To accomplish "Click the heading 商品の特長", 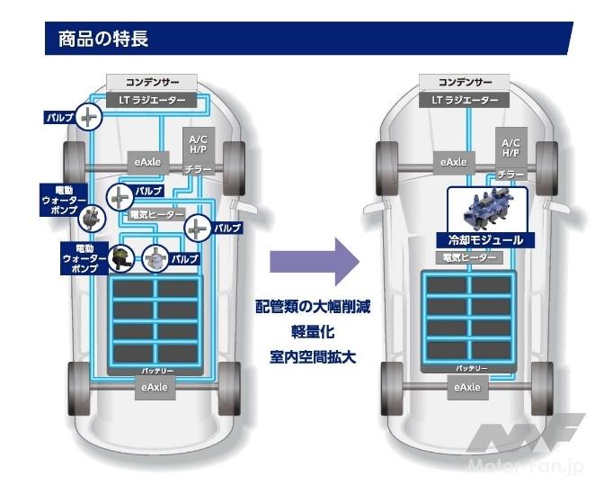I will pyautogui.click(x=102, y=39).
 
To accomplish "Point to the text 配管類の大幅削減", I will pyautogui.click(x=313, y=306).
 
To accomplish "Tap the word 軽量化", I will pyautogui.click(x=313, y=331).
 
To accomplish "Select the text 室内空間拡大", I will pyautogui.click(x=313, y=356).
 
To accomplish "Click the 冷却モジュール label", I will pyautogui.click(x=485, y=240).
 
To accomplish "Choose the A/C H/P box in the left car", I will pyautogui.click(x=197, y=143).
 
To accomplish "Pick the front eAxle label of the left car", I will pyautogui.click(x=147, y=162).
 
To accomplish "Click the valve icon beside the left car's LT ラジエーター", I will pyautogui.click(x=87, y=117).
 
